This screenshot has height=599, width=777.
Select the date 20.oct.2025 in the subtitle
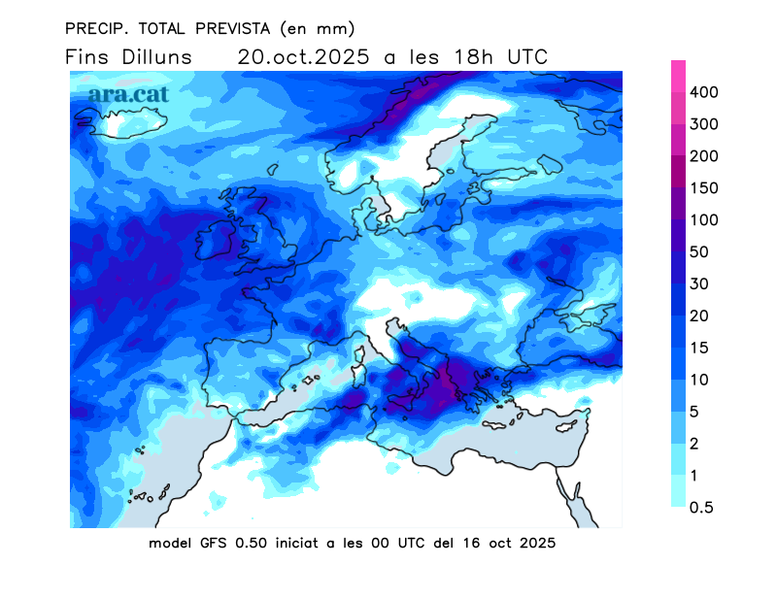pyautogui.click(x=304, y=56)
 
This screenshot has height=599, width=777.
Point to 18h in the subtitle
pyautogui.click(x=470, y=56)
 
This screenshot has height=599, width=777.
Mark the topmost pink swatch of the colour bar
pyautogui.click(x=679, y=76)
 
